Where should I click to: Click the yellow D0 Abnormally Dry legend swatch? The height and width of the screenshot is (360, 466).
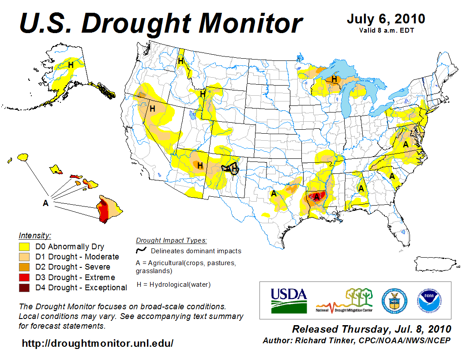click(x=25, y=247)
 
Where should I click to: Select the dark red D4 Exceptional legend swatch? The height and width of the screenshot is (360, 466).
click(x=25, y=288)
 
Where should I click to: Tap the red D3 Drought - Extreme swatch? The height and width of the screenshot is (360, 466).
click(x=25, y=277)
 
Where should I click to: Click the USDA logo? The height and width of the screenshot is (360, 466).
click(x=289, y=300)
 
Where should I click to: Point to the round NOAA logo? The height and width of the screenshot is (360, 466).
click(x=428, y=300)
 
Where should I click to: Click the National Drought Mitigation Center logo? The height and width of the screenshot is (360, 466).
click(x=345, y=300)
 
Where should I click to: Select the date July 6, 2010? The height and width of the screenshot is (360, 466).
click(x=386, y=19)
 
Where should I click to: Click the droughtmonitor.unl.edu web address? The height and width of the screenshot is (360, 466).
click(x=98, y=343)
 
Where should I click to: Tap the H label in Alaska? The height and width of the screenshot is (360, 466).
click(x=71, y=65)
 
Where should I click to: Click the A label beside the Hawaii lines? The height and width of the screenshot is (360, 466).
click(x=45, y=203)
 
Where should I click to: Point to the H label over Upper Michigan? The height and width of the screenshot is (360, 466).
click(x=334, y=79)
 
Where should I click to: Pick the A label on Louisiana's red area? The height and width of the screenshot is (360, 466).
click(x=317, y=196)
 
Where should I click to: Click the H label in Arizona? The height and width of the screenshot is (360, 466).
click(x=200, y=165)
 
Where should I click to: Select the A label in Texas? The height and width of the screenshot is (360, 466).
click(x=274, y=193)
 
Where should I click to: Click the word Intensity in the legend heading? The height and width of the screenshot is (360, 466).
click(x=35, y=235)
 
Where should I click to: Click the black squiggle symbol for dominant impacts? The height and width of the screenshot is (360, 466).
click(x=141, y=250)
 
